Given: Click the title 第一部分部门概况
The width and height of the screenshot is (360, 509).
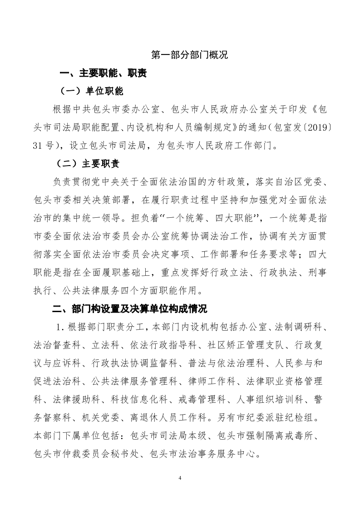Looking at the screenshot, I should pyautogui.click(x=189, y=55).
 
